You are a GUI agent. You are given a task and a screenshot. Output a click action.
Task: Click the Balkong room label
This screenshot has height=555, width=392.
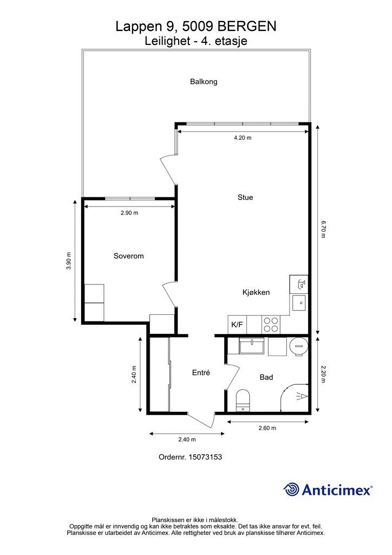[x=204, y=82]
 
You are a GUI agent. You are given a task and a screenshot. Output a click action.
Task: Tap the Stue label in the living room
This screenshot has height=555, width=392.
[x=245, y=197]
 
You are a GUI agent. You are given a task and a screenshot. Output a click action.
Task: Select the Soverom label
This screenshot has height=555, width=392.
[x=129, y=256]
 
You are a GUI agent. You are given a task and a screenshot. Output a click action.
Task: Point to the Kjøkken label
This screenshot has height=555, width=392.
[x=256, y=292]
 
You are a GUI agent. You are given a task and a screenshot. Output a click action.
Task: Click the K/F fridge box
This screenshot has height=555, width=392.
[x=237, y=324]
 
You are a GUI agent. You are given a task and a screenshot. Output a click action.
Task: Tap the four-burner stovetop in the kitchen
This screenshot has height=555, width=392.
[x=271, y=325]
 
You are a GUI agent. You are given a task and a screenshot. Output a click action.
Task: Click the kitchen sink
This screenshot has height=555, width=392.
[x=299, y=302]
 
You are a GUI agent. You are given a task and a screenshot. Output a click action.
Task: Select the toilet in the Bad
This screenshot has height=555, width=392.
[x=243, y=401]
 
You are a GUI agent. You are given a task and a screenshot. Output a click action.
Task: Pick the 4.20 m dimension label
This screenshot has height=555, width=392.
[x=243, y=138]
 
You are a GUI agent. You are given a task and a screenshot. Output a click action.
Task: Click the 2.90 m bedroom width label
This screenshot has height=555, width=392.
[x=129, y=213]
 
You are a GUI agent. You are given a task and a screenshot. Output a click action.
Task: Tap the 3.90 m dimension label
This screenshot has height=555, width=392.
[x=69, y=261]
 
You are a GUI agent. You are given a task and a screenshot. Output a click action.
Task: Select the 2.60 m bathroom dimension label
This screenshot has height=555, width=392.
[x=267, y=428]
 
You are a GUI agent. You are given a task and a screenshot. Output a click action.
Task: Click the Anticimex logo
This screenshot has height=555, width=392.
[x=328, y=490]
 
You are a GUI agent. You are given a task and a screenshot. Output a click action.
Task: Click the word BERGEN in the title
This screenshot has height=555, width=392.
[x=247, y=27]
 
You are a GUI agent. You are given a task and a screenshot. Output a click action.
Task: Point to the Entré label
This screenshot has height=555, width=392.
[x=201, y=372]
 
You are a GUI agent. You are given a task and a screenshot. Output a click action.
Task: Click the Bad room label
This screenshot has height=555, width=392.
[x=266, y=377]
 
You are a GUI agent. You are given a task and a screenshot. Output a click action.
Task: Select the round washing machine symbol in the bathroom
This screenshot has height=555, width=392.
[x=299, y=347]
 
